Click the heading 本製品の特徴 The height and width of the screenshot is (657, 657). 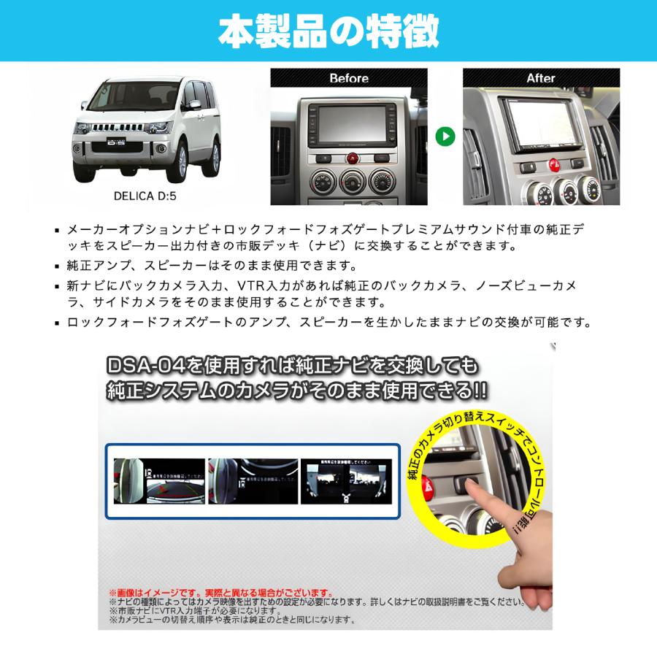pyautogui.click(x=328, y=31)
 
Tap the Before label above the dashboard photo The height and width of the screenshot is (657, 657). pyautogui.click(x=349, y=78)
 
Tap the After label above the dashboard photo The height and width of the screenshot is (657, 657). pyautogui.click(x=541, y=78)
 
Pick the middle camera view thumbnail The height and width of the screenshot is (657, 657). pyautogui.click(x=253, y=481)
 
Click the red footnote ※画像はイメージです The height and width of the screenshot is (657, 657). pyautogui.click(x=219, y=593)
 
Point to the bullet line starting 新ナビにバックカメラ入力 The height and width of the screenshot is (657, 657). pyautogui.click(x=321, y=284)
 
